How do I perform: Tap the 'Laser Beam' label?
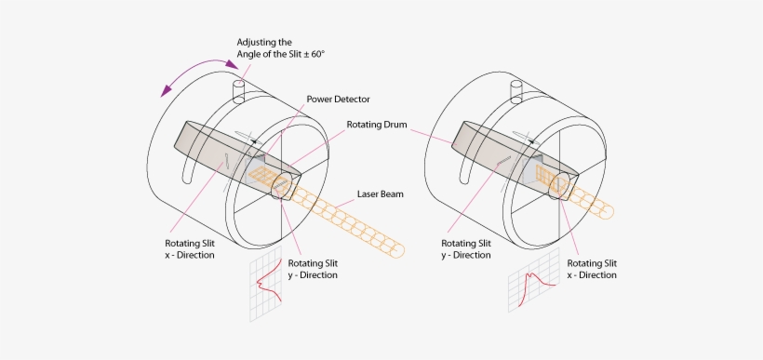tap(381, 196)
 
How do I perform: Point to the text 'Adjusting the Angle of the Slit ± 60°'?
tap(280, 48)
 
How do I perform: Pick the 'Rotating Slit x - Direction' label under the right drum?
tap(592, 269)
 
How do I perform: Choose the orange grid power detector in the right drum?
tap(559, 182)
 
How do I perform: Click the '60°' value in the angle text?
tap(315, 55)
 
